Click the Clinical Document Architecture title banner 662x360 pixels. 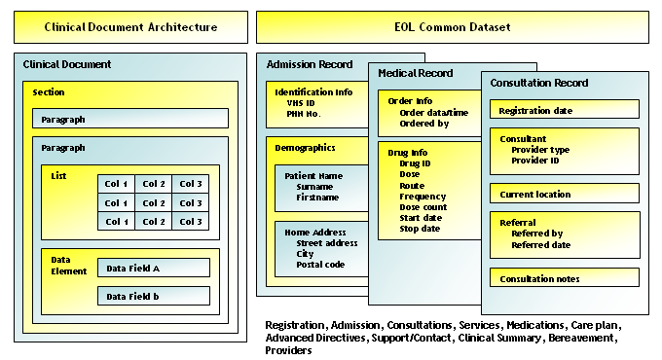click(x=130, y=27)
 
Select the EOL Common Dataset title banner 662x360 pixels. click(x=453, y=27)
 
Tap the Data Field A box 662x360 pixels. click(x=153, y=268)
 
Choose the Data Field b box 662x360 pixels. click(x=153, y=296)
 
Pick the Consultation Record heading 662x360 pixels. click(x=539, y=84)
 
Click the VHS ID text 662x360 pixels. click(x=303, y=103)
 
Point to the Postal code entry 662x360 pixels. click(x=321, y=264)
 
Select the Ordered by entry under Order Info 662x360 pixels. click(x=424, y=124)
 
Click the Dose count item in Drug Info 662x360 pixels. click(x=423, y=206)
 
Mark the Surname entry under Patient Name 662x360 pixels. click(x=318, y=186)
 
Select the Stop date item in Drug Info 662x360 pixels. click(x=421, y=229)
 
